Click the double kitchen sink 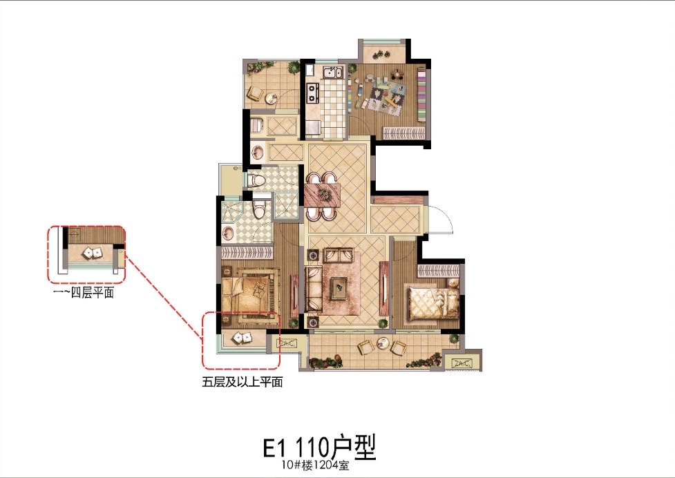pos(332,73)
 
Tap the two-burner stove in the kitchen pos(312,93)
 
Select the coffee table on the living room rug pos(339,287)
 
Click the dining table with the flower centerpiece pos(323,195)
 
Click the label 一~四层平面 pos(83,293)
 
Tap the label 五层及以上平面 pos(243,381)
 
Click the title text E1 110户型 pos(319,447)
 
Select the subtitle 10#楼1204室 pos(316,465)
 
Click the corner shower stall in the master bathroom pos(232,211)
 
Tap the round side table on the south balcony pos(382,343)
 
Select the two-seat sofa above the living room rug pos(338,255)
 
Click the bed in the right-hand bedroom pos(433,303)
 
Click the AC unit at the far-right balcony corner pos(460,363)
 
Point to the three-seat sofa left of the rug pos(314,288)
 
